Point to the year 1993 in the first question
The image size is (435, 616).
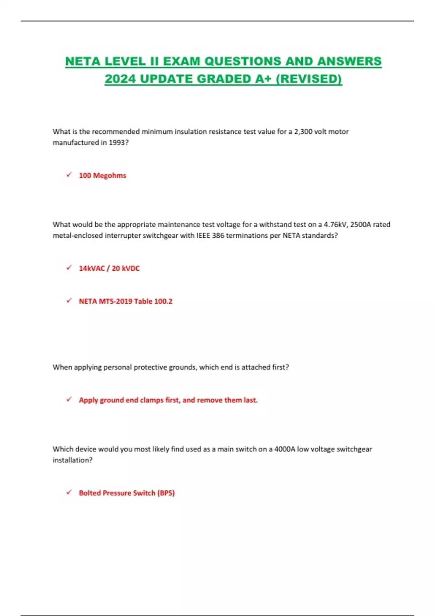(x=117, y=142)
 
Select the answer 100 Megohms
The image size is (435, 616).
(x=103, y=175)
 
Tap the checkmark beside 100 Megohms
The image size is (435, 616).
(x=69, y=175)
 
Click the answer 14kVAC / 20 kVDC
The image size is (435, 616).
(x=109, y=268)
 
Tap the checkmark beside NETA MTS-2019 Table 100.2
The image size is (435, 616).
(x=69, y=301)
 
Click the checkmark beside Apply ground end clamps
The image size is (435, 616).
(x=69, y=400)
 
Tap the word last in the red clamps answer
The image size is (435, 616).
(x=250, y=400)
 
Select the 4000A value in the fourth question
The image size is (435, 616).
(x=285, y=449)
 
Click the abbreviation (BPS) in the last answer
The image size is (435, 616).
(x=166, y=493)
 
